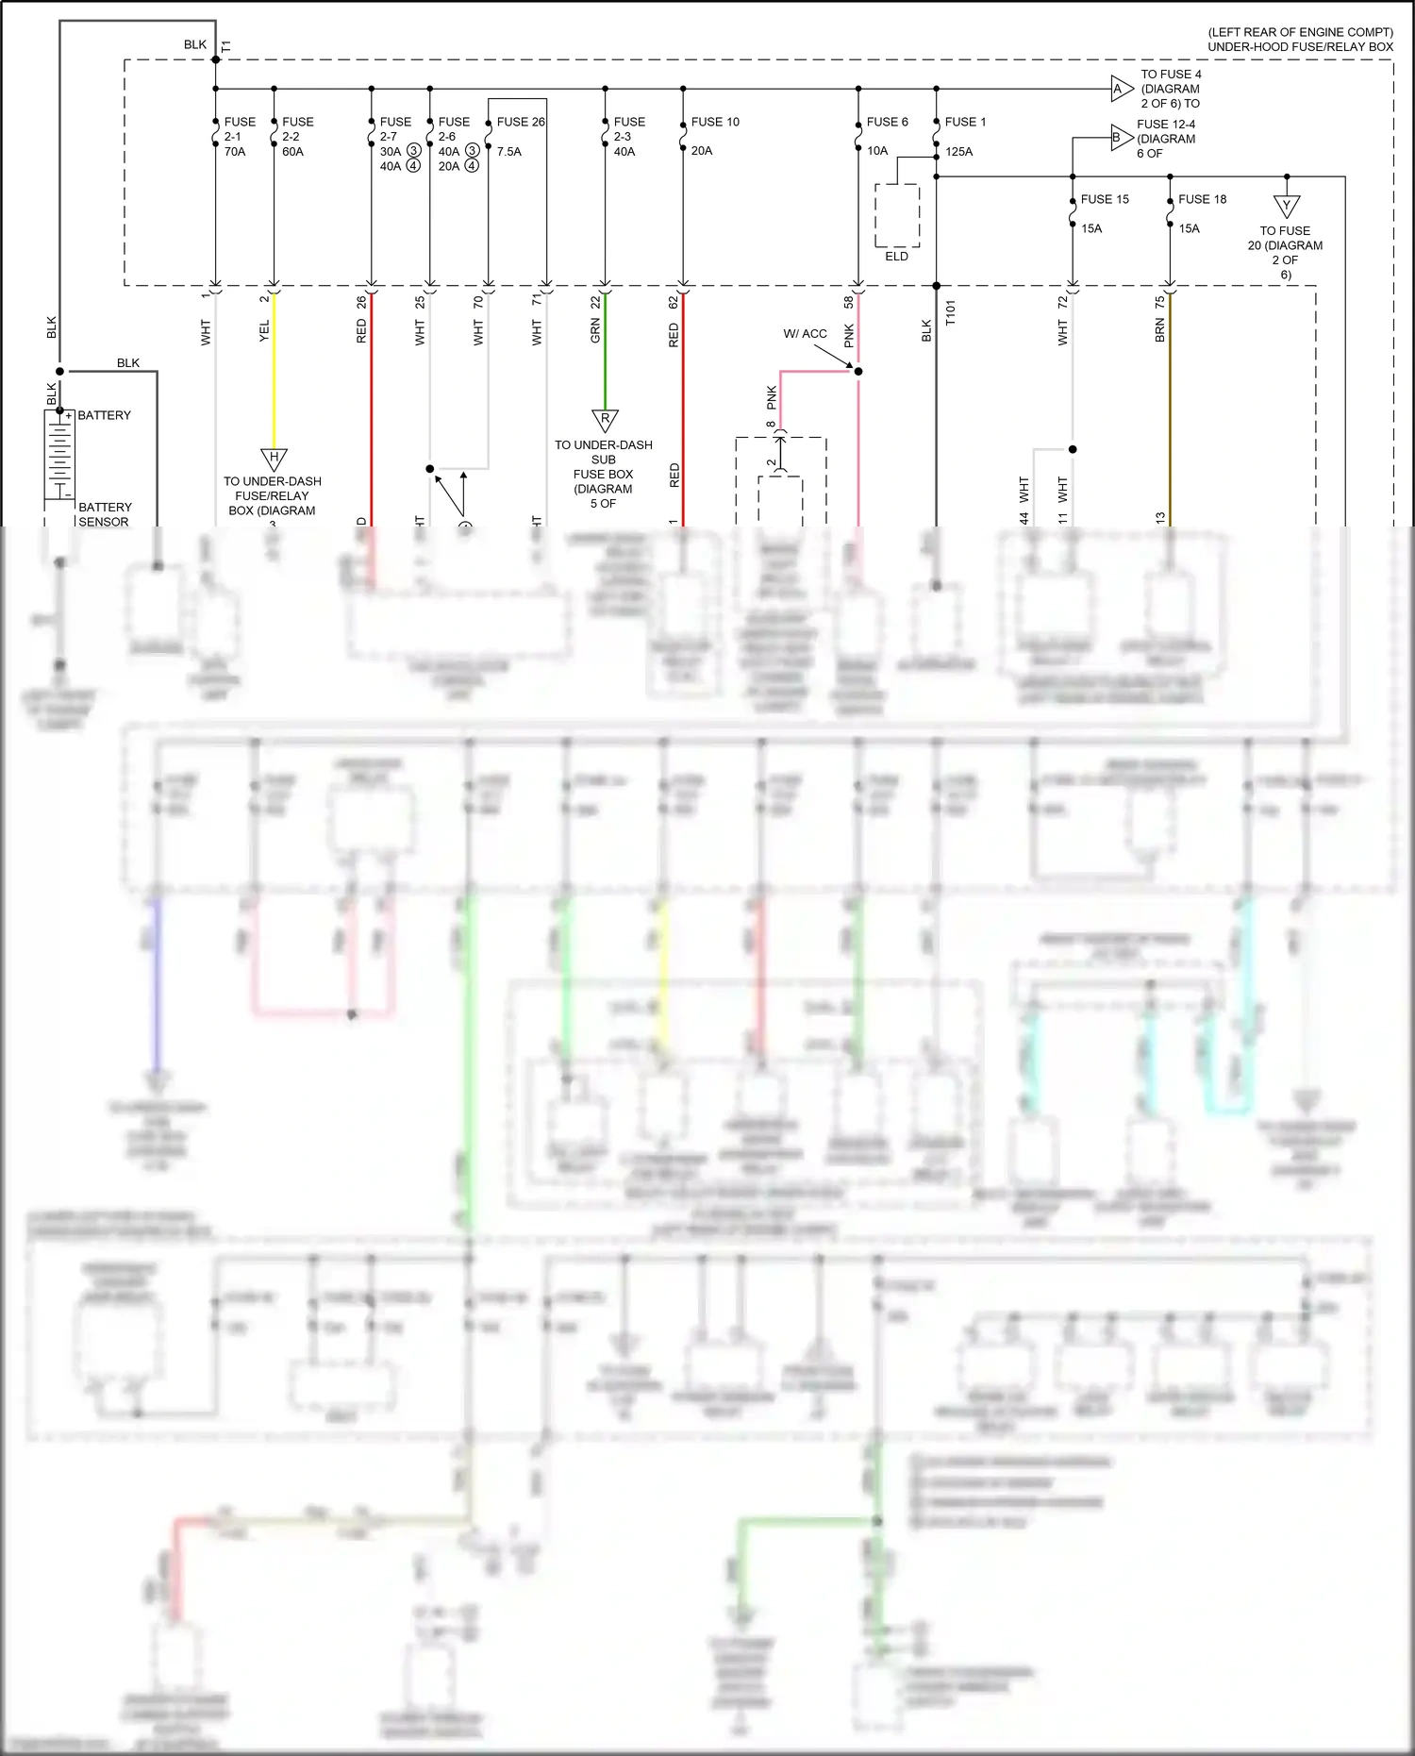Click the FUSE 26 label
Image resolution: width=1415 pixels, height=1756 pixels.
[x=521, y=122]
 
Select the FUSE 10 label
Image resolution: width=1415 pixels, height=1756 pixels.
[x=715, y=122]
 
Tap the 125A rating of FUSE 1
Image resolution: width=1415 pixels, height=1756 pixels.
[x=958, y=151]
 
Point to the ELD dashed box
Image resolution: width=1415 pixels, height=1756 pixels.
[x=897, y=215]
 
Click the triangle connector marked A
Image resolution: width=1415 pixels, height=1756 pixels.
[x=1120, y=90]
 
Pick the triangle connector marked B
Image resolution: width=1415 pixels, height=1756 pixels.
[x=1119, y=138]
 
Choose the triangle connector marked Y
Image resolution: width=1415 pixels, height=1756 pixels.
[x=1287, y=205]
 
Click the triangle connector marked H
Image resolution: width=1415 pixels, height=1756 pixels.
[x=274, y=459]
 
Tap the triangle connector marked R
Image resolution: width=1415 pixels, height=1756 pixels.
[x=605, y=419]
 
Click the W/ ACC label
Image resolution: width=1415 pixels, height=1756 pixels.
[x=805, y=334]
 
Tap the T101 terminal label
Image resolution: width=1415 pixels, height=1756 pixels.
[x=951, y=312]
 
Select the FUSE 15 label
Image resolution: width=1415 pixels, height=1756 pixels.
[x=1105, y=199]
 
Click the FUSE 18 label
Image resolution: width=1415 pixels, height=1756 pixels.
[x=1202, y=199]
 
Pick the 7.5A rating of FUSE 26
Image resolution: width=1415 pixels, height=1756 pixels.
[x=509, y=151]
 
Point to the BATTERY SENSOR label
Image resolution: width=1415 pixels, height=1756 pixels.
[x=105, y=514]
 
